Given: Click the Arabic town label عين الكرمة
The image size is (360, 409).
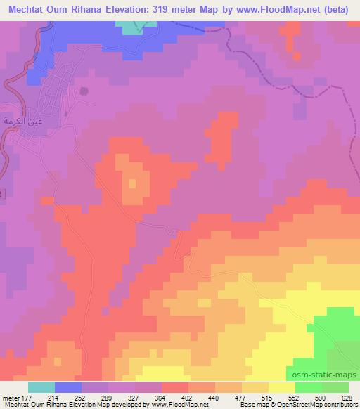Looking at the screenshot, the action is pyautogui.click(x=20, y=120).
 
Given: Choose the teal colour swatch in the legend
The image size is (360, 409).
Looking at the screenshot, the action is pyautogui.click(x=41, y=387).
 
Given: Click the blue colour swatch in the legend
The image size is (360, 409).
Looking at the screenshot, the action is pyautogui.click(x=68, y=387).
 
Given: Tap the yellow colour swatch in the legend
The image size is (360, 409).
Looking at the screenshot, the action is pyautogui.click(x=282, y=387).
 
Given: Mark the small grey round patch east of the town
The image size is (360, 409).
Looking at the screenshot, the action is pyautogui.click(x=85, y=91).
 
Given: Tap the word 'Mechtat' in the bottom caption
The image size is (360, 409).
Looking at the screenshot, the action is pyautogui.click(x=14, y=404).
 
